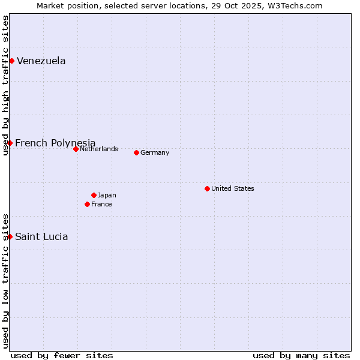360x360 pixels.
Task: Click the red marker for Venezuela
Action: click(x=11, y=61)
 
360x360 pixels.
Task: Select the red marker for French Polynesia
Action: click(x=10, y=143)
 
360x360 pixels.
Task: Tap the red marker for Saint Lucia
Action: click(x=10, y=236)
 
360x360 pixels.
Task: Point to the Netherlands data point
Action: click(x=76, y=149)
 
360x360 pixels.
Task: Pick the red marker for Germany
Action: click(x=136, y=152)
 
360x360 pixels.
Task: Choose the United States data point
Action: click(x=207, y=188)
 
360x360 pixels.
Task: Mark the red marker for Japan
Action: click(x=94, y=195)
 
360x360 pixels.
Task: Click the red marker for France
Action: click(x=87, y=204)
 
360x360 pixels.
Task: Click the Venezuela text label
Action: click(x=41, y=61)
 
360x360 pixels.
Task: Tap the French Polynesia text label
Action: click(x=55, y=143)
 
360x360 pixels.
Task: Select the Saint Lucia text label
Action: click(x=41, y=237)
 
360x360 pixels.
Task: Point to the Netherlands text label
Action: click(x=99, y=149)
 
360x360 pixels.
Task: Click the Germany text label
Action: click(x=155, y=152)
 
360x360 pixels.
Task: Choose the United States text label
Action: click(x=233, y=188)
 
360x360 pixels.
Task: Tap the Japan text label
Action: click(x=107, y=195)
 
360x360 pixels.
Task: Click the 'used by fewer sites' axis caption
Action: click(x=62, y=355)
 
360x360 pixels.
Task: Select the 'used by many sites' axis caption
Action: click(x=301, y=355)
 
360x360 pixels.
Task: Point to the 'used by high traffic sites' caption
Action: click(x=5, y=85)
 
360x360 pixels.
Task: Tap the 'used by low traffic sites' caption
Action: click(x=5, y=280)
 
